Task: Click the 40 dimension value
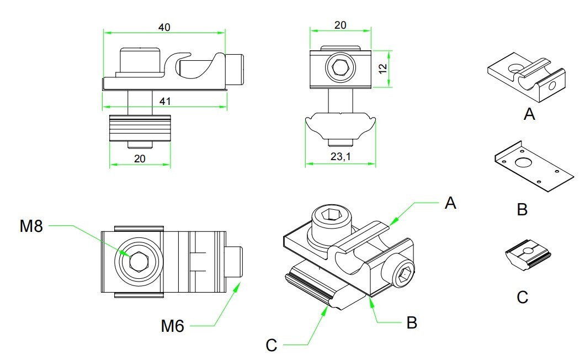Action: [164, 27]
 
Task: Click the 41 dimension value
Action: [165, 101]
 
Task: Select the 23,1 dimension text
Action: [341, 156]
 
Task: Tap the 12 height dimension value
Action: [383, 68]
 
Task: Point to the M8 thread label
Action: [31, 226]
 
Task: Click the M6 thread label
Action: [172, 326]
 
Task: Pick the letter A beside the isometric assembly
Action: [450, 203]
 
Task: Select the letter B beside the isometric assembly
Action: [412, 322]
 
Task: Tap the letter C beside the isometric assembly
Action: [271, 345]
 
